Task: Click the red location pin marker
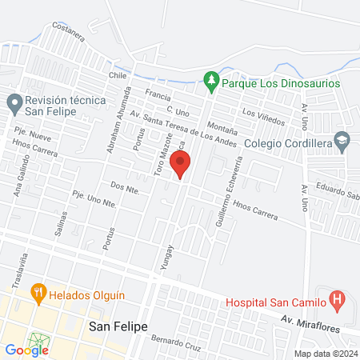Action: point(181,165)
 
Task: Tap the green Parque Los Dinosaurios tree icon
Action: point(210,80)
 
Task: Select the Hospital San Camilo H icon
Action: point(337,302)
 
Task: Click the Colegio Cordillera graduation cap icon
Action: point(342,142)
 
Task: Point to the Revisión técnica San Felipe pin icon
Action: point(14,102)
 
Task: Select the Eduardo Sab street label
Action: point(333,192)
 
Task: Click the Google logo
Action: point(26,350)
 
